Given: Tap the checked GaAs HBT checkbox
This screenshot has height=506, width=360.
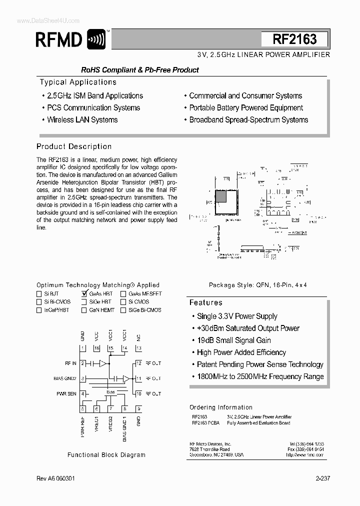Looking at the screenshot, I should coord(84,294).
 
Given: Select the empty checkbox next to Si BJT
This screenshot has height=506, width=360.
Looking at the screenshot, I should coord(39,294).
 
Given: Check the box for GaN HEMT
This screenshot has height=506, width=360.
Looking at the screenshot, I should coord(84,310).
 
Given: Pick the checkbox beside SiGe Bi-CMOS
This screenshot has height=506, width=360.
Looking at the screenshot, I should coord(123,310).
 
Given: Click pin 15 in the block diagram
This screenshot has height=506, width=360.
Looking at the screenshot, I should coord(110,347).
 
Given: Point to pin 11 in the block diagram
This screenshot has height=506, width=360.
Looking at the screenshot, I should coord(138,378).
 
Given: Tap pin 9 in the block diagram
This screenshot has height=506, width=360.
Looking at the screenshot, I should coord(138,408).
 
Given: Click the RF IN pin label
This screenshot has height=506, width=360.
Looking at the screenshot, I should coord(70,363).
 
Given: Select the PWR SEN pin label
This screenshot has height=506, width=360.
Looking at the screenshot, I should coord(66,394).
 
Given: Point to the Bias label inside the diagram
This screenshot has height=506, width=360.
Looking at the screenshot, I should coord(110,392).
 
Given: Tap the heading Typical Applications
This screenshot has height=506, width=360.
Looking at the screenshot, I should coord(78,82).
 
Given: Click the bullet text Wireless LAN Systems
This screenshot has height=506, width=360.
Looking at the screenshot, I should coord(82,120).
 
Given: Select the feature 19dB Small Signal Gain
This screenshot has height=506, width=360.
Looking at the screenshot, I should coord(233,340).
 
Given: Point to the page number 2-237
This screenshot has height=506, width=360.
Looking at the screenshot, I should coord(322,478).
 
